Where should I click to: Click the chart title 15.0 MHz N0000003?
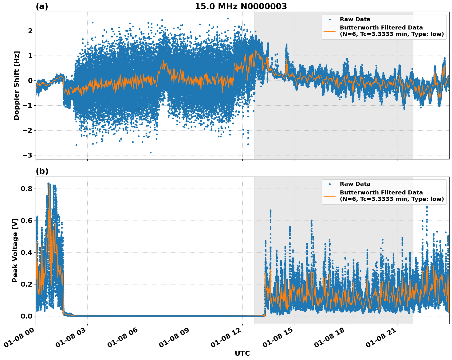[x=241, y=6]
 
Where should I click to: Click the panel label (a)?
[x=42, y=6]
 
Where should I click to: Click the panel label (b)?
[x=42, y=171]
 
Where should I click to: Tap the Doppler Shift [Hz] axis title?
[x=17, y=85]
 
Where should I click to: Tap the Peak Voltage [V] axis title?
[x=15, y=250]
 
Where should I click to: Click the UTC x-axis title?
[x=242, y=353]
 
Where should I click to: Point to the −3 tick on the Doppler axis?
[x=27, y=155]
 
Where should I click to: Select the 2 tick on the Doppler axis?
[x=30, y=31]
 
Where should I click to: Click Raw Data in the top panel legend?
[x=355, y=19]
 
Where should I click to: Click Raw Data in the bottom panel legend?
[x=355, y=184]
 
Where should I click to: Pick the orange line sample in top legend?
[x=330, y=31]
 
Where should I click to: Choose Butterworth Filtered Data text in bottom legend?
[x=381, y=193]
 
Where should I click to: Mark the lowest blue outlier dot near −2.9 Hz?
[x=151, y=152]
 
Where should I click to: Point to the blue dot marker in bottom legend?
[x=330, y=184]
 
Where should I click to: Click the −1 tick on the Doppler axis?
[x=27, y=105]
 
